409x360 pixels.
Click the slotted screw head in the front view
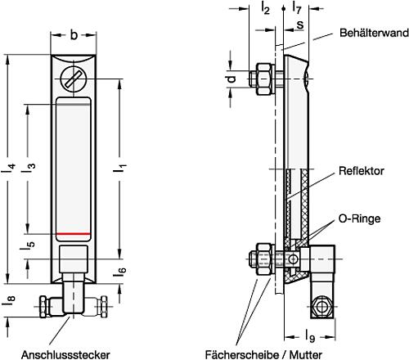(72, 79)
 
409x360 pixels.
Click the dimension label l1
(121, 169)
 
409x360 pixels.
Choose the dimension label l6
(120, 270)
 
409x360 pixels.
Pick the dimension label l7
(295, 8)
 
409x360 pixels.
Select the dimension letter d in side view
(231, 79)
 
